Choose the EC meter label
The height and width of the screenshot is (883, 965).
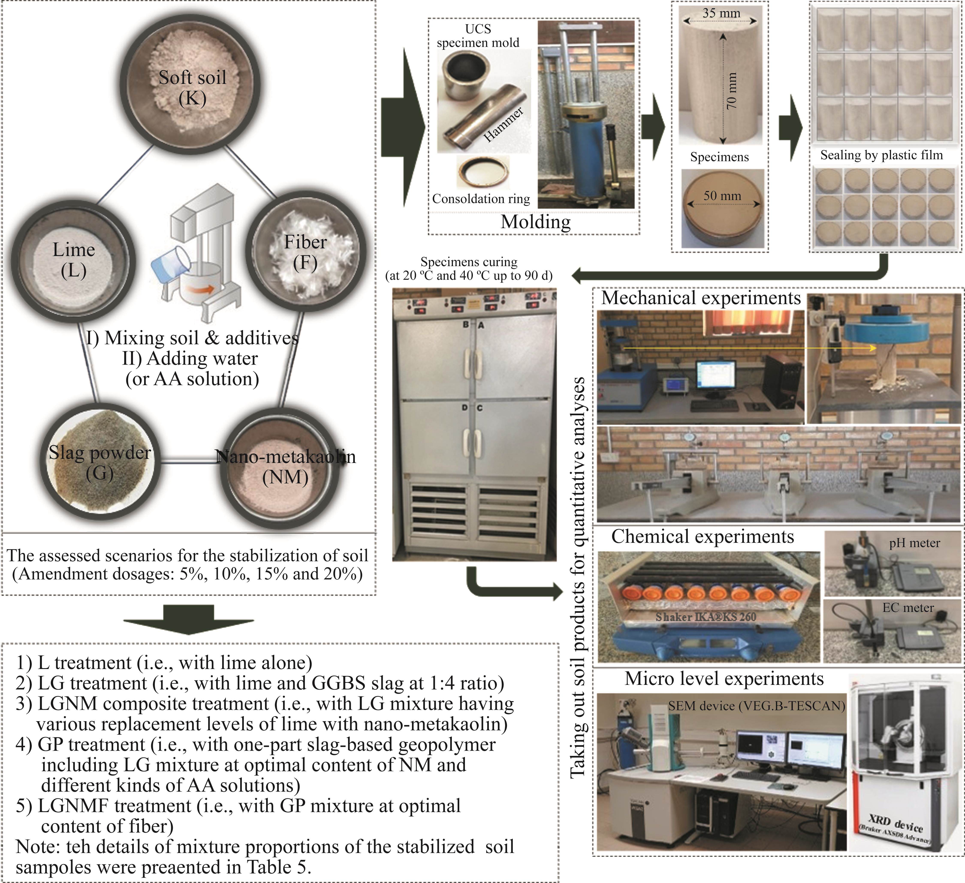[908, 607]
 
